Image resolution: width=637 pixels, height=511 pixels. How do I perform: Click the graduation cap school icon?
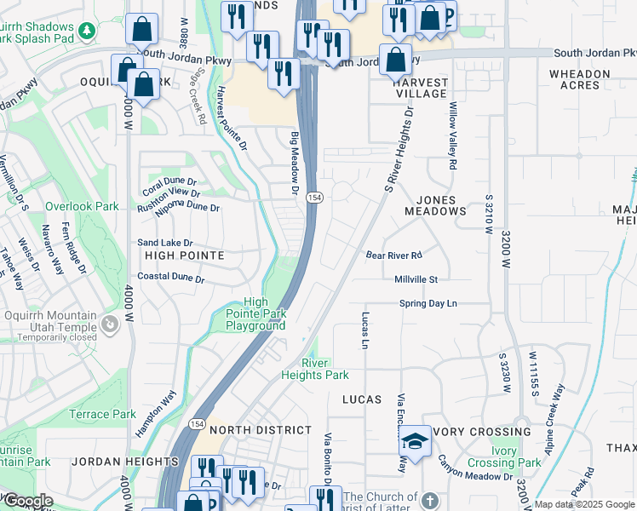coord(415,442)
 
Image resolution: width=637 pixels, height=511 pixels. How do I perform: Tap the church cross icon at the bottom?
coord(431,499)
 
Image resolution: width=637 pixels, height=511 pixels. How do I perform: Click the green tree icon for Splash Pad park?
coord(86,32)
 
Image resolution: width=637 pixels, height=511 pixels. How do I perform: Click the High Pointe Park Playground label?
coord(255,313)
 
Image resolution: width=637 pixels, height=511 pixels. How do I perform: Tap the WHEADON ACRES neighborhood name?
coord(579,80)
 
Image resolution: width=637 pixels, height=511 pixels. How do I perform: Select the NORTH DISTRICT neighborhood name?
coord(259,430)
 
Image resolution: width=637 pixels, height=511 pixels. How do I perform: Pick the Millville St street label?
coord(416,279)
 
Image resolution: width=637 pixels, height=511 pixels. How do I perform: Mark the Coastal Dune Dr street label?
coord(171,278)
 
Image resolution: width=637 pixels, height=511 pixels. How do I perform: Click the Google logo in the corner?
coord(27,501)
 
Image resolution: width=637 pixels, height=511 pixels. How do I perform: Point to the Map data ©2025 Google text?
coord(584,504)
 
